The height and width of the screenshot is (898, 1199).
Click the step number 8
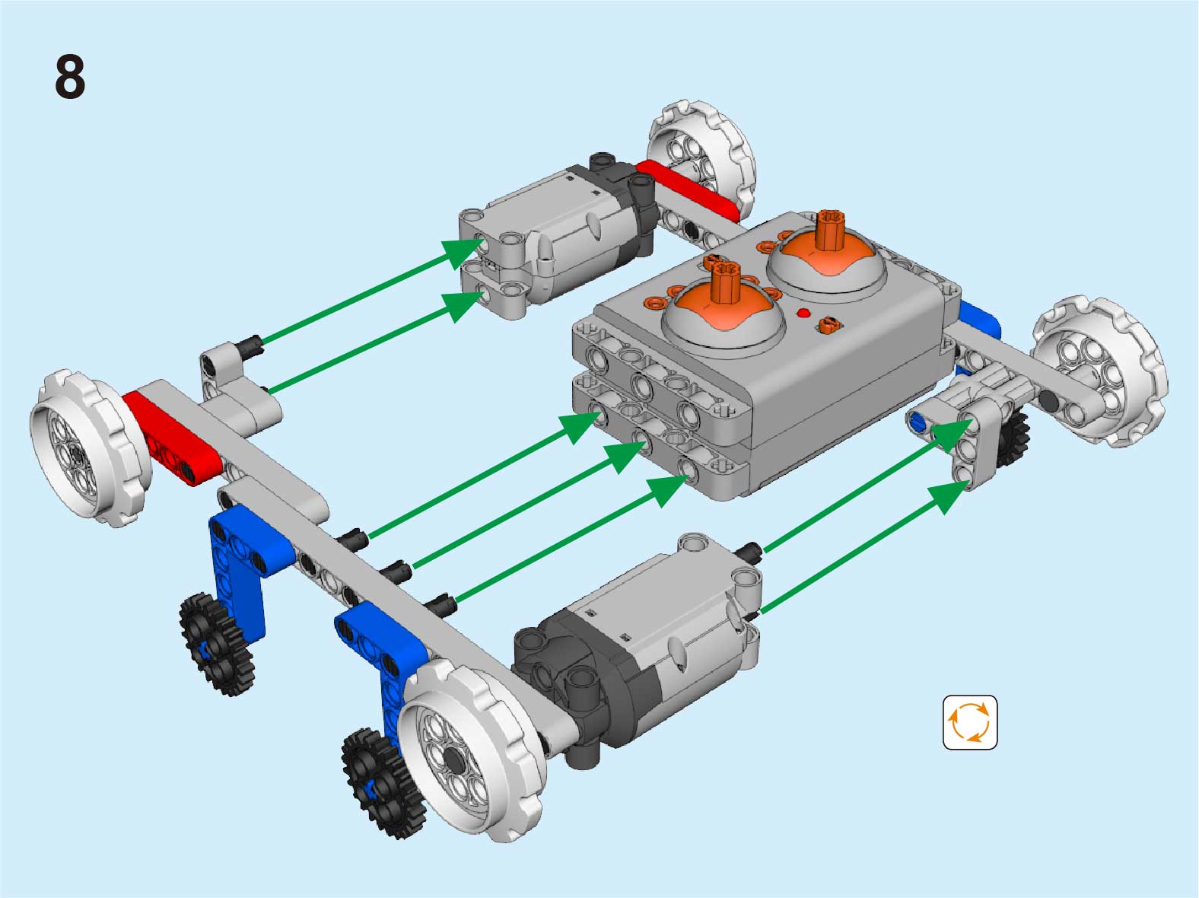[70, 77]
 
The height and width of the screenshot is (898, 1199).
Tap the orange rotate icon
[969, 722]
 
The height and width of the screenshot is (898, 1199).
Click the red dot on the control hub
[803, 314]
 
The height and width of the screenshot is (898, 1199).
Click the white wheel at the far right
[1099, 371]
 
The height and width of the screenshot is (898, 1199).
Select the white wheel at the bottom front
[471, 750]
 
